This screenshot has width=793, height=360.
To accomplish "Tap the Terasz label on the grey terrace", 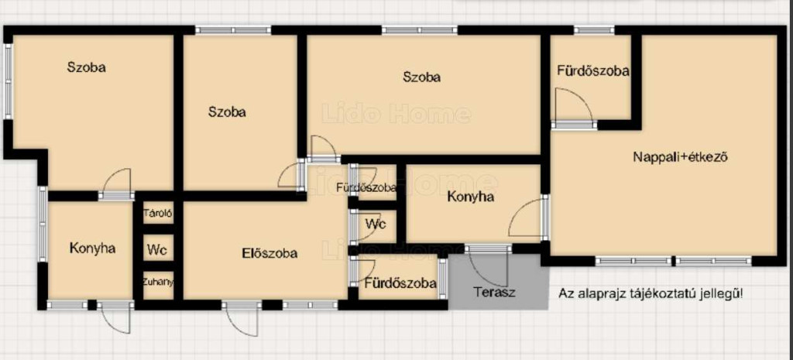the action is tap(495, 292).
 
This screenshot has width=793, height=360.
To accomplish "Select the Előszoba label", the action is tap(269, 253).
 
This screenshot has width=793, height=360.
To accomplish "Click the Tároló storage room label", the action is tap(158, 214).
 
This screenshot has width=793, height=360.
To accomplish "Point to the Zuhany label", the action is tap(158, 282).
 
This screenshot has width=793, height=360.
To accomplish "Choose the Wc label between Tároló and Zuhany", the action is tap(157, 249).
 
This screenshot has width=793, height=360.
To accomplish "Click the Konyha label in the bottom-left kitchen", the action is tap(93, 249).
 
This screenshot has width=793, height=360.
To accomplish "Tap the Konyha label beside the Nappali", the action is tap(470, 197).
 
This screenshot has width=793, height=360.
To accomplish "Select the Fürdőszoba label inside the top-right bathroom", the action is tap(593, 70).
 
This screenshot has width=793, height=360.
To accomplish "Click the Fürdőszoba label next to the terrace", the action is tap(400, 283).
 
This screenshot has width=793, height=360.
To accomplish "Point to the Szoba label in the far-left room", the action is tap(87, 67).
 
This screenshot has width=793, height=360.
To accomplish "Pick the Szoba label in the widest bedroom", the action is tap(422, 77).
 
